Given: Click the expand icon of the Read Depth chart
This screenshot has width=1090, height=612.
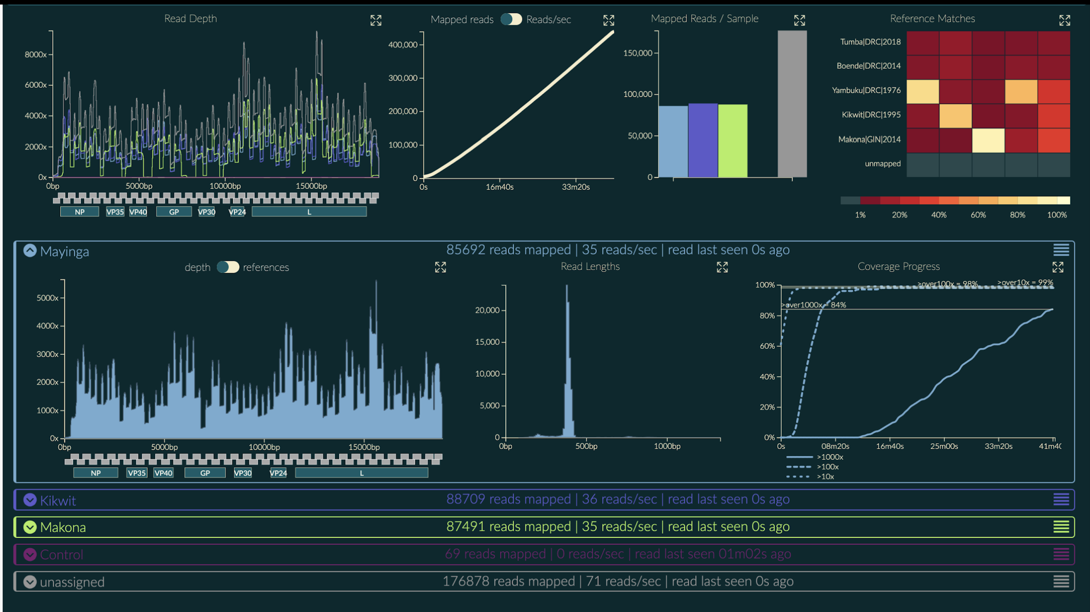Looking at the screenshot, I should [x=376, y=20].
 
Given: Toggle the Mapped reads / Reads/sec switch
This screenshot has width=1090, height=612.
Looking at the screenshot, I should [x=511, y=19].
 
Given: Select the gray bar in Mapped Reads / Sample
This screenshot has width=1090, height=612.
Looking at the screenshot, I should [x=792, y=104].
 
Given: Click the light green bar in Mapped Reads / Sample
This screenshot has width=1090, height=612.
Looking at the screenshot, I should [x=732, y=141].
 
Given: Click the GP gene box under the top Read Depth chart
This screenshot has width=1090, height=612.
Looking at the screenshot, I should [x=174, y=212].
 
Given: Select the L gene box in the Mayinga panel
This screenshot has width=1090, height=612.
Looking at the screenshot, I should [x=361, y=473].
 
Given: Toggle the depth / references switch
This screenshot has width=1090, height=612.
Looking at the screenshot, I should [x=227, y=267].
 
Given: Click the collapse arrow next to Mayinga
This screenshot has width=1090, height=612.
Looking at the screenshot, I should [x=30, y=251].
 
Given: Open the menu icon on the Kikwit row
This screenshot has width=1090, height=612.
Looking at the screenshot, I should [x=1061, y=500].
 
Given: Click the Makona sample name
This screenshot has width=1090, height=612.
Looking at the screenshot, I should [x=63, y=527].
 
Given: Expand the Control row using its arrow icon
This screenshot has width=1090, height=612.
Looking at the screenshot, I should [x=30, y=555].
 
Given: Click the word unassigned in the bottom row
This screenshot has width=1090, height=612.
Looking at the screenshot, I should [x=72, y=582].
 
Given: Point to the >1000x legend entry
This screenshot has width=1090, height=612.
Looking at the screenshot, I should [x=829, y=457].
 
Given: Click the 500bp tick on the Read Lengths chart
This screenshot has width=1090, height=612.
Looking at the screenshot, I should [x=586, y=446].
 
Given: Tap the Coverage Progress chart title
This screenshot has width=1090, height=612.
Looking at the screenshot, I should [x=898, y=266].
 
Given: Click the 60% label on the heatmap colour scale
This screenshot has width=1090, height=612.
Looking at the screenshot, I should [x=978, y=215].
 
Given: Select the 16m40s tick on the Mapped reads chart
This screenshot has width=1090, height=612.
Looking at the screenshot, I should [x=499, y=187].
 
